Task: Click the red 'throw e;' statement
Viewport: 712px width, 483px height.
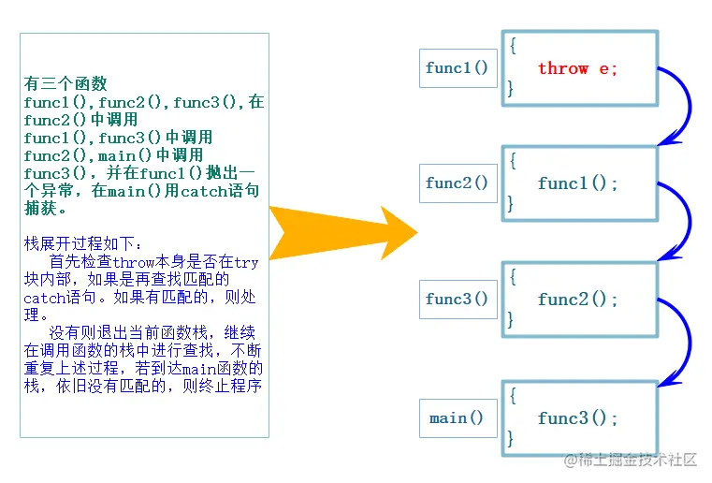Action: [x=577, y=68]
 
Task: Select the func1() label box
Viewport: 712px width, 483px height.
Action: [x=458, y=68]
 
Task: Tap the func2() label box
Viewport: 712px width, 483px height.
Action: [x=458, y=183]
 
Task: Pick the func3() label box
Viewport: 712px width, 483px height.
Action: [x=458, y=300]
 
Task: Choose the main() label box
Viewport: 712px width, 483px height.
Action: [x=458, y=417]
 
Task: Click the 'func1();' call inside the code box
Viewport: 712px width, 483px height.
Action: [x=577, y=183]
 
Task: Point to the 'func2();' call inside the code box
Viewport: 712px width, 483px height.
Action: [x=577, y=300]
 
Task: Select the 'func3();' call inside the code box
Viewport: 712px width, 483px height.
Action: [x=577, y=418]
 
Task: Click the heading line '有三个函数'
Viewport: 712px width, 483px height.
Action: [x=66, y=83]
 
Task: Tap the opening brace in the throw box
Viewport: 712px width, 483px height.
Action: [x=512, y=45]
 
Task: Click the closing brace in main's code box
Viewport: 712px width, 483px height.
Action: [x=511, y=438]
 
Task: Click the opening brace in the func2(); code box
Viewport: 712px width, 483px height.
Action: [x=512, y=276]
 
